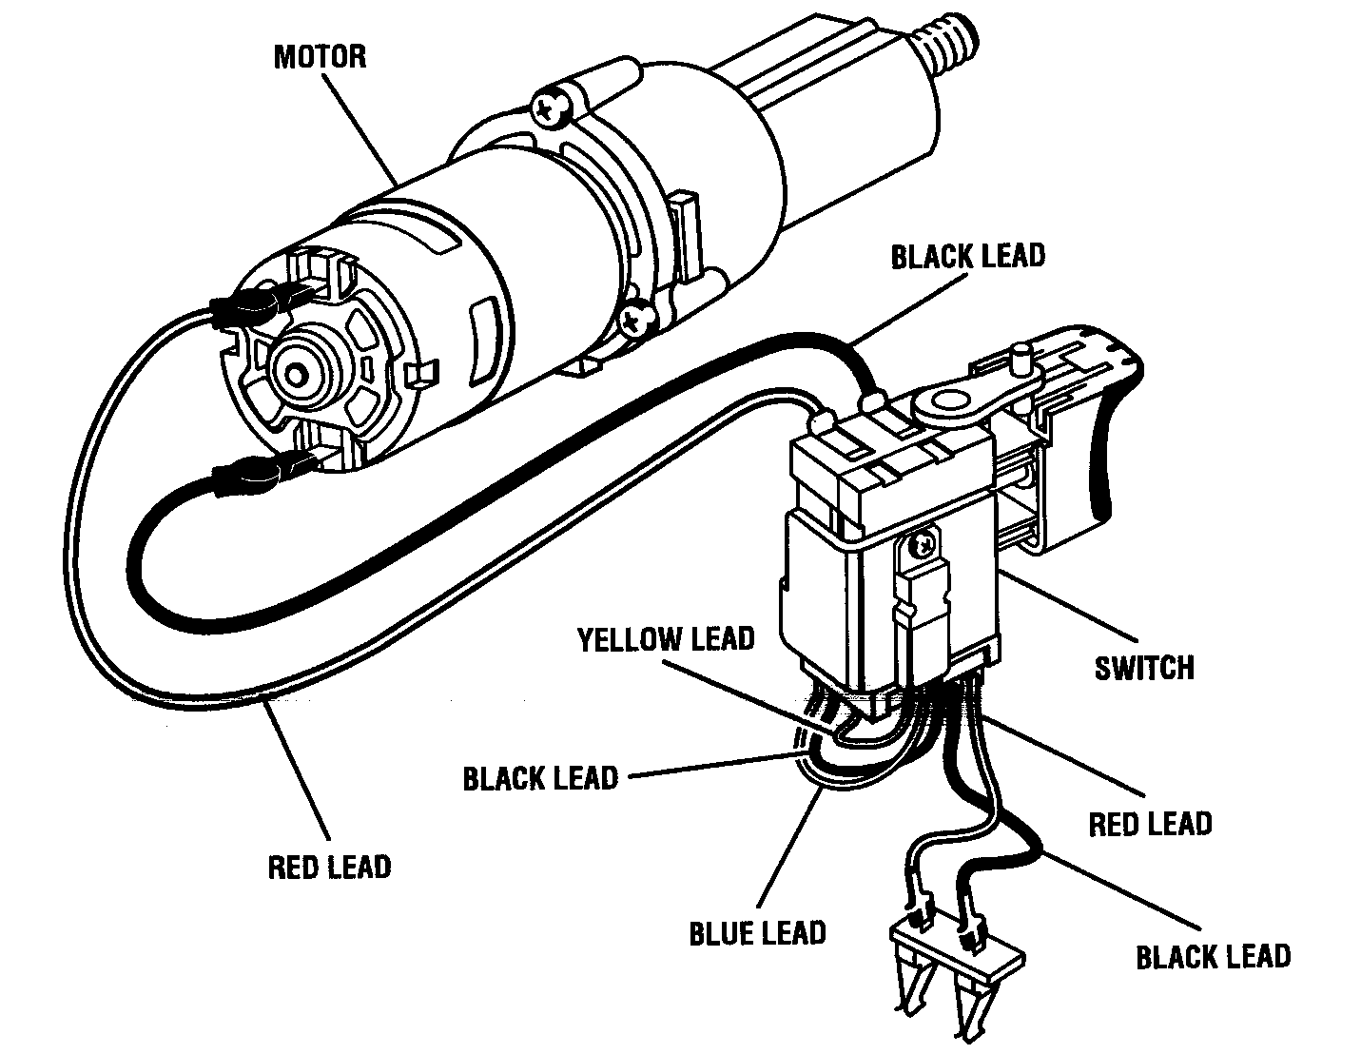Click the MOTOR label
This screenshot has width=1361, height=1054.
319,56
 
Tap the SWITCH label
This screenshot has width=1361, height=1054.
1143,667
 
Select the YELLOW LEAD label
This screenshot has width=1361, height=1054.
666,638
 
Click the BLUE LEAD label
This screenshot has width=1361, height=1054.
757,933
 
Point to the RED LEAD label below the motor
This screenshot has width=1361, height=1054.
329,867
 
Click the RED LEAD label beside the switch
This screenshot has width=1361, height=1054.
1150,823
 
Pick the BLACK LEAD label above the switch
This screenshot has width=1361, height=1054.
967,256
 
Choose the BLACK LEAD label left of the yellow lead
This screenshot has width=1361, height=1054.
540,778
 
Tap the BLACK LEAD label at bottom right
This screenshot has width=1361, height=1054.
1213,956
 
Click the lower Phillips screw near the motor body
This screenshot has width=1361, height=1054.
634,319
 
